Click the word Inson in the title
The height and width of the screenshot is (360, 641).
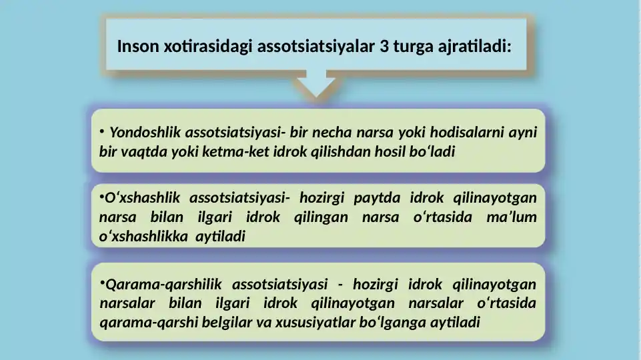click(x=138, y=46)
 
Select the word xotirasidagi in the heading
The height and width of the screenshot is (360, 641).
click(x=208, y=47)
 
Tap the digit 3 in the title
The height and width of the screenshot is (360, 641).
click(x=384, y=47)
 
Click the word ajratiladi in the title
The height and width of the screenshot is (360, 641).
click(x=472, y=47)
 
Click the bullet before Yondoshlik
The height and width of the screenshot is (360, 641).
click(x=102, y=131)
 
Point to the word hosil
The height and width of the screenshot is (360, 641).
click(x=390, y=151)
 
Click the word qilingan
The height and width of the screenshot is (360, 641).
click(x=321, y=217)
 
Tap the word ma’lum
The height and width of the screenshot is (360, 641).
click(x=512, y=217)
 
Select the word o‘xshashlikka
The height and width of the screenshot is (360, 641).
click(x=143, y=236)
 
